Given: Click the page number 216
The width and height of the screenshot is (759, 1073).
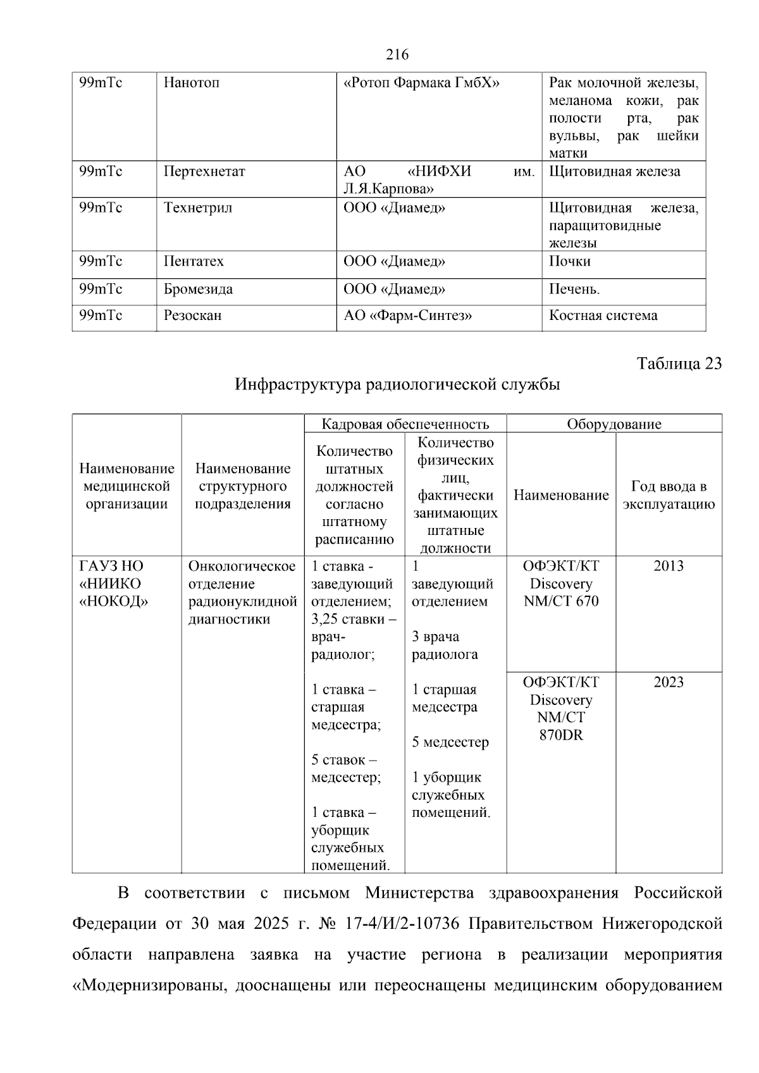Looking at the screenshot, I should coord(397,55).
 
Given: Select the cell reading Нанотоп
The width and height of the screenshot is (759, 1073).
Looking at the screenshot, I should coord(192,83).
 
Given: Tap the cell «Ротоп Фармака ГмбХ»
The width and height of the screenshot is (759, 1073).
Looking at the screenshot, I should coord(421,83).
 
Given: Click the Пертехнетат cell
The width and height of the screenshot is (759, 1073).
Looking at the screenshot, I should coord(204,171).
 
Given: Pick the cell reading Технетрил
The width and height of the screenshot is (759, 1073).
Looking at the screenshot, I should coord(198,208).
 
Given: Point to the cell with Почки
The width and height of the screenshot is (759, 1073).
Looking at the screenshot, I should coord(570,262).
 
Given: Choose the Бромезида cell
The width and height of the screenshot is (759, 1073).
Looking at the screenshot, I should coord(198,290).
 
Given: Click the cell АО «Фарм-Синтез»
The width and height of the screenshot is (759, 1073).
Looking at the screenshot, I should coord(408,316).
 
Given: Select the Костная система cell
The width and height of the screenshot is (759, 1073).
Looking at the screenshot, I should coord(603,316).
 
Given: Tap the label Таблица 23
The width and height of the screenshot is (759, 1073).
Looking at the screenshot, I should coord(679,364).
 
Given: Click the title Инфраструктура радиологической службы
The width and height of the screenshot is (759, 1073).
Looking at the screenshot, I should coord(397,384).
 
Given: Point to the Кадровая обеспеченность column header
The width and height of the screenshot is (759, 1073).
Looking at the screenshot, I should coord(405,424).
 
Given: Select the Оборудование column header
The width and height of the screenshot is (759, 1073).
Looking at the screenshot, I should coord(614,424).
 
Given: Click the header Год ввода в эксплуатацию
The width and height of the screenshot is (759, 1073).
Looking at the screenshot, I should coord(669,495).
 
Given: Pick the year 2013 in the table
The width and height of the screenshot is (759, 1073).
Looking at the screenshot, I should coord(669,566).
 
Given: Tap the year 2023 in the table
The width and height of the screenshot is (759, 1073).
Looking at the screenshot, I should coord(669,682).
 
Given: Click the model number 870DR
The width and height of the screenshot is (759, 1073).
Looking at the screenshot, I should coord(561,735).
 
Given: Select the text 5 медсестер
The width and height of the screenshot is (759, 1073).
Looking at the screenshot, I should coord(450,742).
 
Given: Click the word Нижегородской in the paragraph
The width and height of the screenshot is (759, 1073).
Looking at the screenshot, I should coord(662,924).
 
